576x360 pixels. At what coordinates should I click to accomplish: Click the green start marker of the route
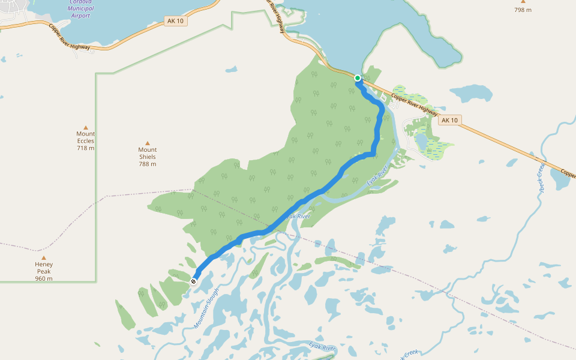click(358, 78)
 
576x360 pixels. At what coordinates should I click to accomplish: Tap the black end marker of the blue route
click(193, 281)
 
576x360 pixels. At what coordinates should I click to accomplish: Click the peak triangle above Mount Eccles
click(86, 127)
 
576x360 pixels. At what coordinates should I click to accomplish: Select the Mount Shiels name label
click(148, 153)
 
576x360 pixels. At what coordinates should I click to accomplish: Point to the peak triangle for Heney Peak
click(43, 257)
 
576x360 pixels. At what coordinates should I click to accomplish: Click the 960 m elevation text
click(44, 278)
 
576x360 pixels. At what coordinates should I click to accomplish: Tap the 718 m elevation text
click(86, 148)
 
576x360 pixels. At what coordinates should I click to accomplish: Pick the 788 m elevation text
click(148, 164)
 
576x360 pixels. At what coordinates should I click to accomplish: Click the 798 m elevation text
click(523, 10)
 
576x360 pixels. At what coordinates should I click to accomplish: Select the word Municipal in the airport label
click(80, 8)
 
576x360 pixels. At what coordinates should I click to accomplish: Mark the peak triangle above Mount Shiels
click(148, 143)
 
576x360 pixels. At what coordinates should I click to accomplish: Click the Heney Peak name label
click(44, 268)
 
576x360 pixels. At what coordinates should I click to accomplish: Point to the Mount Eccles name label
click(86, 137)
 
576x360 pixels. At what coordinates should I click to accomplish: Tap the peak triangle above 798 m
click(523, 1)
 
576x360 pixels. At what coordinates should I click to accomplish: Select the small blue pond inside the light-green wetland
click(421, 141)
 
